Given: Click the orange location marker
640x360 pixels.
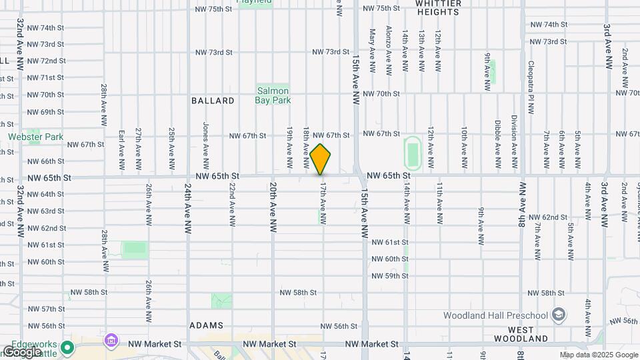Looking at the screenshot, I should (321, 159).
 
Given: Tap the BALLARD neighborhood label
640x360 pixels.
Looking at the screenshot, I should (213, 101).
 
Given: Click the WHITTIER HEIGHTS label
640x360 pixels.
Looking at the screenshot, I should (437, 7).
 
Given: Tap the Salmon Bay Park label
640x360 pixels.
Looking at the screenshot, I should (273, 95).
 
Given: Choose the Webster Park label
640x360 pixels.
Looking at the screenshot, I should (36, 137).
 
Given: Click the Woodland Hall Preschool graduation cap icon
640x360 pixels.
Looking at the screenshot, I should (559, 315).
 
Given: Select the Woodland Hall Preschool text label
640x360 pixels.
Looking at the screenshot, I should (497, 315).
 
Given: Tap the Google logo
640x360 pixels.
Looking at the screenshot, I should (22, 351).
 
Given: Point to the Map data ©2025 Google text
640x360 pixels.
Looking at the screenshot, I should (599, 355).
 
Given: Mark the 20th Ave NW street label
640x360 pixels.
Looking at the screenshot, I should (273, 207).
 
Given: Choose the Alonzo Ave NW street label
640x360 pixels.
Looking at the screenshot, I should (389, 50).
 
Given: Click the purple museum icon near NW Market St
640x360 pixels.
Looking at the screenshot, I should (110, 341).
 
